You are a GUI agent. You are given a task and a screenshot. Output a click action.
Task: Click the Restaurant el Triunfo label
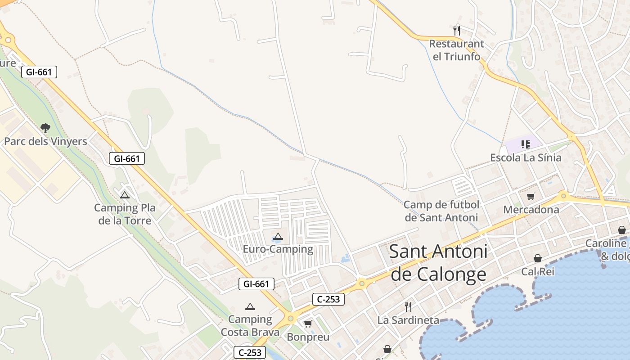click(x=456, y=50)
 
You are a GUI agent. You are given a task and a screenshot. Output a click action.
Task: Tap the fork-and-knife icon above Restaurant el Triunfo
click(x=457, y=31)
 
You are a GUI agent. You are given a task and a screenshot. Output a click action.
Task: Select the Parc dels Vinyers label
click(x=45, y=141)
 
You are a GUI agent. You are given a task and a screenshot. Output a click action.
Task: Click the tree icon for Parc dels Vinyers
click(x=45, y=128)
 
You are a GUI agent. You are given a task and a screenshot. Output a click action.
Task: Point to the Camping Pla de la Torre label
click(x=125, y=214)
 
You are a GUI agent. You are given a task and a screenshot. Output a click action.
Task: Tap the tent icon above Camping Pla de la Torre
click(x=125, y=195)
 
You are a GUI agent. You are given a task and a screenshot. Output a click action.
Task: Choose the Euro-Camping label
click(x=278, y=249)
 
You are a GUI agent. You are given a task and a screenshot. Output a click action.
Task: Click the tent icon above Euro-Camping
click(x=278, y=237)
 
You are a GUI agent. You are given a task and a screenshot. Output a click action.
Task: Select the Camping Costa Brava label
click(x=250, y=326)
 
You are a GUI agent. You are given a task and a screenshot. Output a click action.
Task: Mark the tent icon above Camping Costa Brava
click(x=250, y=307)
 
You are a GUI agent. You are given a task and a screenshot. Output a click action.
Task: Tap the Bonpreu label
click(x=308, y=337)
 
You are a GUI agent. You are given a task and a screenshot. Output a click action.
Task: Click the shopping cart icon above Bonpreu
click(x=308, y=324)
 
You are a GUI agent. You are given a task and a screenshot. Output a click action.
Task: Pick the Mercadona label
click(x=531, y=209)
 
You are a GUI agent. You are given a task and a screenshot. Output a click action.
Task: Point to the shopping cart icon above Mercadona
click(x=531, y=196)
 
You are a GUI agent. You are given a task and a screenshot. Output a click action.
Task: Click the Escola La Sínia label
click(x=526, y=157)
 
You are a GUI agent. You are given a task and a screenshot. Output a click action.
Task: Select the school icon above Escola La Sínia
click(x=526, y=144)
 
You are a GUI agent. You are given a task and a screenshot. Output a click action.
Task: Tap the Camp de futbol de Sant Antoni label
click(x=441, y=211)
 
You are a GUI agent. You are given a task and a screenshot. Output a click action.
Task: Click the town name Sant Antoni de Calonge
click(x=438, y=263)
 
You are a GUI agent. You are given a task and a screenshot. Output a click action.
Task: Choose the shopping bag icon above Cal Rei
click(x=538, y=258)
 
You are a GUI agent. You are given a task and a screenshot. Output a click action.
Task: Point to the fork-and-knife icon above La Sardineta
click(x=408, y=307)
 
